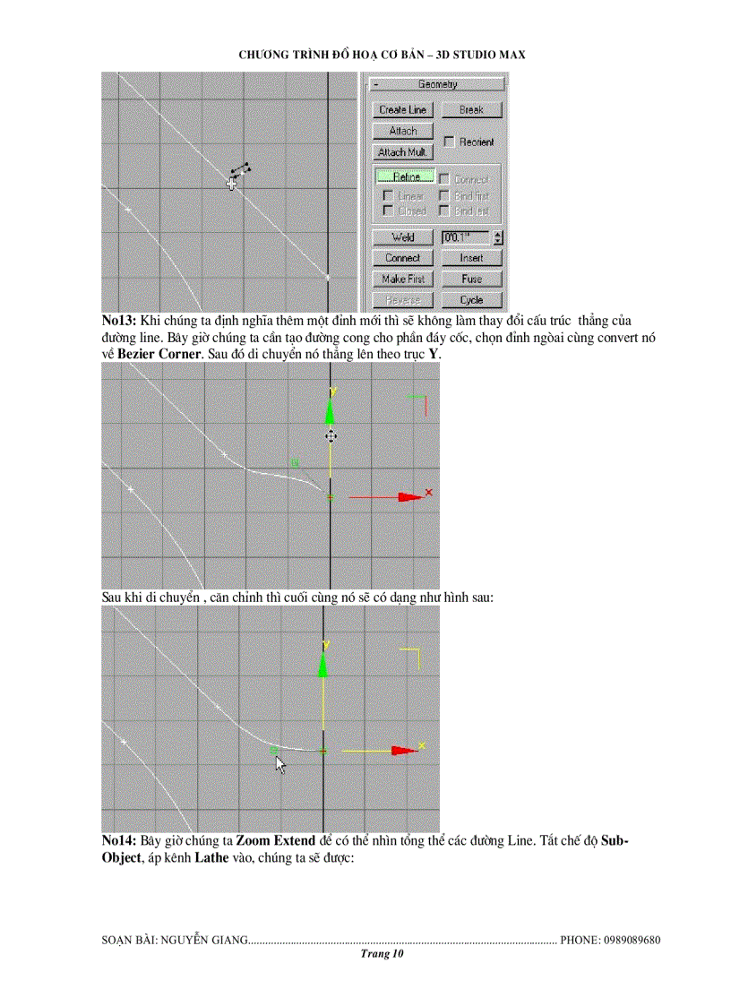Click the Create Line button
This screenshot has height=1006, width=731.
tap(402, 109)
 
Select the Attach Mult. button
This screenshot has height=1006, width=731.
tap(402, 152)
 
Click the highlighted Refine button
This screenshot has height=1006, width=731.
tap(405, 177)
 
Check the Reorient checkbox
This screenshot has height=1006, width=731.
tap(450, 142)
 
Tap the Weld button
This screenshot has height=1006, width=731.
tap(402, 237)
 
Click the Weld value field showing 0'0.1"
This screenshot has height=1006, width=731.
tap(465, 237)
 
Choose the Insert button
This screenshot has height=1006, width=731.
tap(471, 258)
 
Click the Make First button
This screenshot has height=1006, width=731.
tap(402, 279)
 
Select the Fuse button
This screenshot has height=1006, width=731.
tap(471, 279)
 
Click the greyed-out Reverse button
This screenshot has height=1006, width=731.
tap(402, 300)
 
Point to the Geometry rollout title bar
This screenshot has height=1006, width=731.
tap(437, 84)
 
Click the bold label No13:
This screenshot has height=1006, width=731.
tap(119, 320)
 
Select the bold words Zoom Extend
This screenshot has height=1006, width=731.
tap(275, 841)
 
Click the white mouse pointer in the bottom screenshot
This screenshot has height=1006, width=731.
tap(280, 764)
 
